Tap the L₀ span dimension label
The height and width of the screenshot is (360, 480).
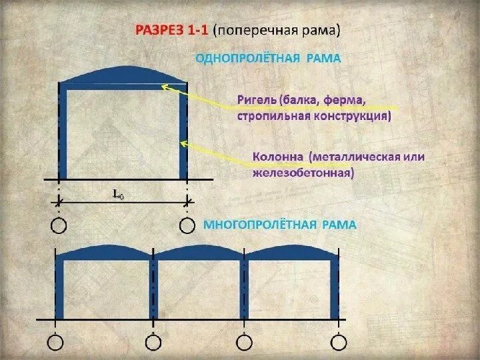(x=117, y=194)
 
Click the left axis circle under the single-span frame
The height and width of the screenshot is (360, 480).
(x=59, y=226)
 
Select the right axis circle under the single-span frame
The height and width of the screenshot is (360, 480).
(x=187, y=226)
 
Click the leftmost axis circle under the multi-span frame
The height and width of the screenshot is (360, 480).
(x=56, y=343)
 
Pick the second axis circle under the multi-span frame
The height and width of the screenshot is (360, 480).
(x=153, y=343)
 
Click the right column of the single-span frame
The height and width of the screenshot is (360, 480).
(x=183, y=133)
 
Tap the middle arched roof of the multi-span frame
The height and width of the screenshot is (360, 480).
(x=199, y=253)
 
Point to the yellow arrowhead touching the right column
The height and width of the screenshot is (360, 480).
(x=183, y=143)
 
